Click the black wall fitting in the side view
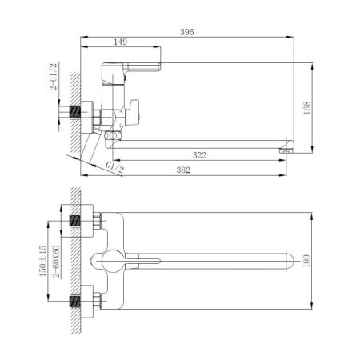click(78, 111)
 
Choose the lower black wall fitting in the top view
click(77, 302)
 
